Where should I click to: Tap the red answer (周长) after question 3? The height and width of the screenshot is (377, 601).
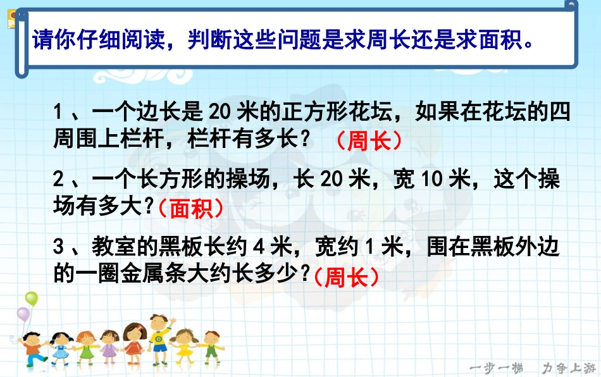pyautogui.click(x=345, y=276)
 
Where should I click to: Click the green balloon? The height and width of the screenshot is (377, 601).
pyautogui.click(x=32, y=299)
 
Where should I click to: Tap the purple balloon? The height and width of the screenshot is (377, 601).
pyautogui.click(x=23, y=314)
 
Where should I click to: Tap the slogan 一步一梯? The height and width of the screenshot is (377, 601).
pyautogui.click(x=497, y=368)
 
